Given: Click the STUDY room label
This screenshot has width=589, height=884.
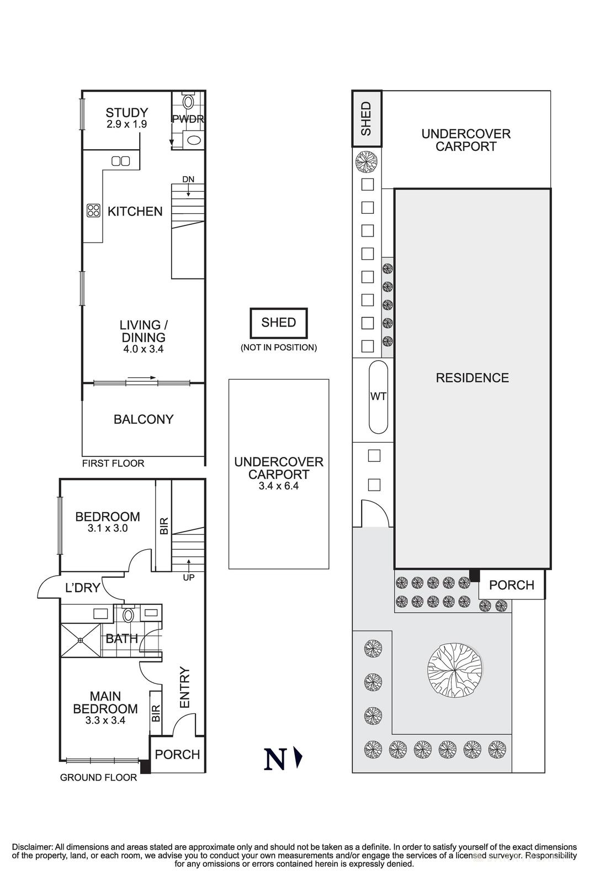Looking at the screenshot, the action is [x=126, y=113].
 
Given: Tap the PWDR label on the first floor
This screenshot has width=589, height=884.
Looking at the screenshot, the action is [x=188, y=118].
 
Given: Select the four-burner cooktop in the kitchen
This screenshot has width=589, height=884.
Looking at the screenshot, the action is [x=94, y=211].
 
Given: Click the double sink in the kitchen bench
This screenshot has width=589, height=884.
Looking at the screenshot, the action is [x=121, y=161].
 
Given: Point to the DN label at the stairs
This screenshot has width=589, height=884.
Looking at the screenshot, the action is [x=188, y=179].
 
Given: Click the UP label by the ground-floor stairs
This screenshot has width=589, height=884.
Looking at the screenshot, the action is [x=189, y=577].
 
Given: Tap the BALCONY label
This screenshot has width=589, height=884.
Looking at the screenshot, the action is [x=144, y=419].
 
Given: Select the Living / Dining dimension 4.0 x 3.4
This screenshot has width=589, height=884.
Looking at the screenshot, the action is [x=144, y=349].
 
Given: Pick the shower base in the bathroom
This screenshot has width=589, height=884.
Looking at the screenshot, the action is [x=81, y=640].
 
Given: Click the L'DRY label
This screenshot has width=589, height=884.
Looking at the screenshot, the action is [x=82, y=588].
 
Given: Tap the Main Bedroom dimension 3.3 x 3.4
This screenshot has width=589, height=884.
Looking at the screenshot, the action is [x=105, y=720].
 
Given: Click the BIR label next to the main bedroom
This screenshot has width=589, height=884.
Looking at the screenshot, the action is [x=156, y=713].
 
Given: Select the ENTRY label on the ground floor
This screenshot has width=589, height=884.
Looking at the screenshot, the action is [x=184, y=687].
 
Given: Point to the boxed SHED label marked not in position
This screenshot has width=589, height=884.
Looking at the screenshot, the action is [x=279, y=323].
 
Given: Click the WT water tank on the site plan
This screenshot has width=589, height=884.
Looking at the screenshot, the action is [x=379, y=397].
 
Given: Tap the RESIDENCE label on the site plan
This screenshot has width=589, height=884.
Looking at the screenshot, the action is [x=473, y=378].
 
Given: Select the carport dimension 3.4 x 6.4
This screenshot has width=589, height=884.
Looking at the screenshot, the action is [x=279, y=486].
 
